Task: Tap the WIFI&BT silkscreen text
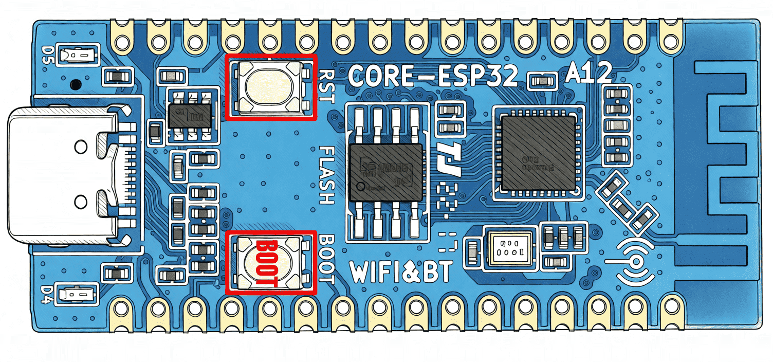tap(401, 271)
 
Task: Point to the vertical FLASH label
tap(327, 175)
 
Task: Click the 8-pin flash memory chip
tap(385, 173)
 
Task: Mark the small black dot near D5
tap(77, 82)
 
